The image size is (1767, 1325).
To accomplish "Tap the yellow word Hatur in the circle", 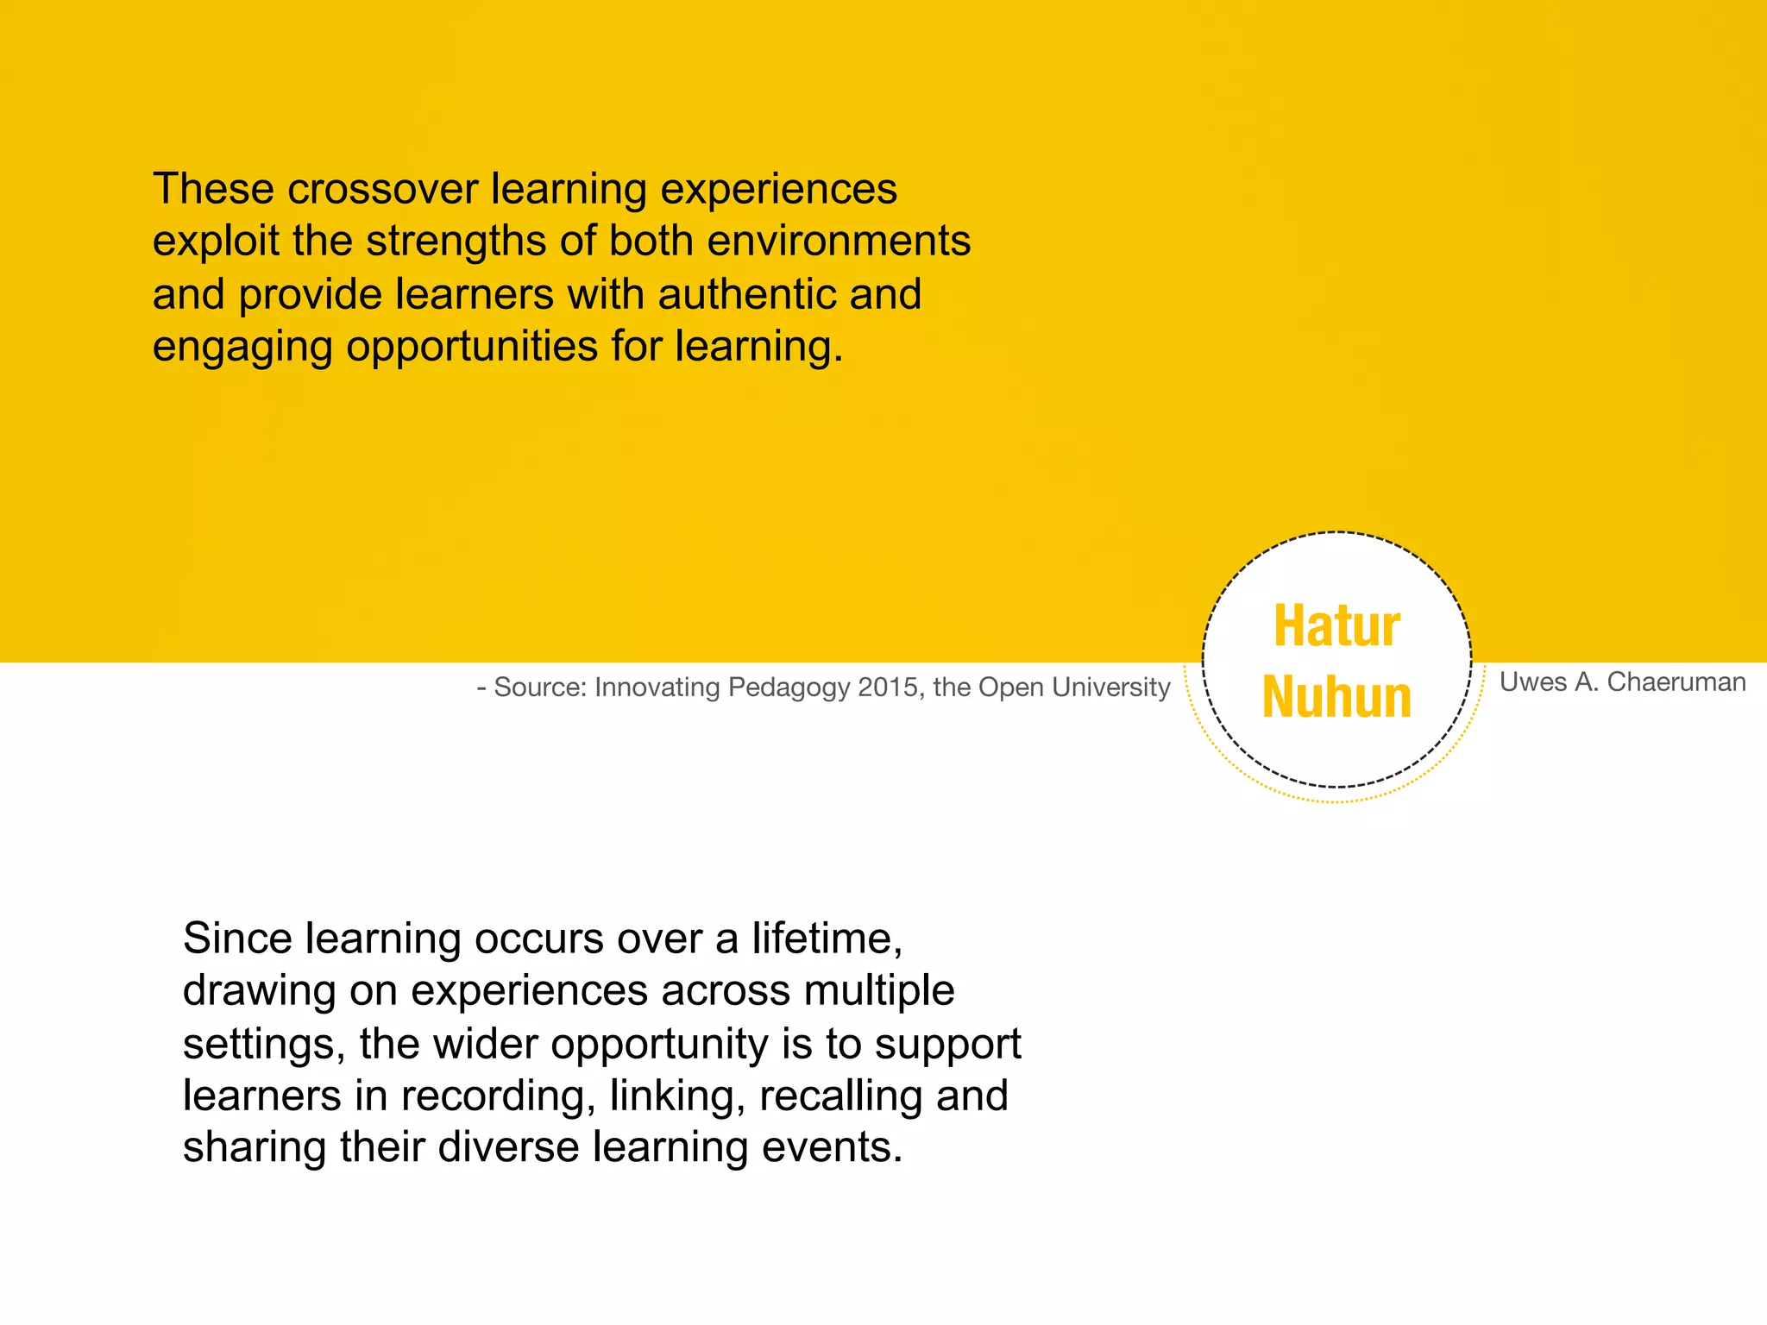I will click(1336, 626).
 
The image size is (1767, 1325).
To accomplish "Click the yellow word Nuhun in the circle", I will click(1336, 697).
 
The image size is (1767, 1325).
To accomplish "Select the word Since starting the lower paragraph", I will click(237, 939).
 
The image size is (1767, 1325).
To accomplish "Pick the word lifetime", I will click(826, 939).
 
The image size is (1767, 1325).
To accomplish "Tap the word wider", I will click(485, 1044).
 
